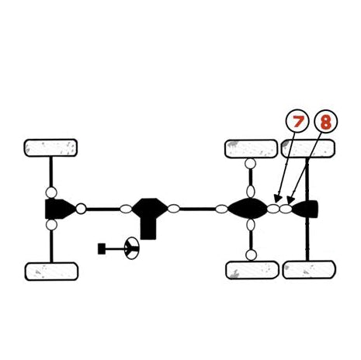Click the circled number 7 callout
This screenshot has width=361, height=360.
click(x=297, y=121)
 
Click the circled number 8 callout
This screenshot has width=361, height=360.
click(x=326, y=122)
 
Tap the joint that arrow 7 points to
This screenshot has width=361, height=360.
click(x=273, y=209)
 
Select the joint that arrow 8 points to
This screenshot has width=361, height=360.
click(x=286, y=209)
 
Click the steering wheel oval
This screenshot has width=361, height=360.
click(x=131, y=248)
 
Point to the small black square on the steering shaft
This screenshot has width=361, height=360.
click(x=102, y=249)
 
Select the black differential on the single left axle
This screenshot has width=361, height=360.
click(x=60, y=209)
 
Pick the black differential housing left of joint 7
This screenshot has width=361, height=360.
click(x=247, y=209)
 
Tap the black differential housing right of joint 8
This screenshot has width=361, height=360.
click(x=306, y=209)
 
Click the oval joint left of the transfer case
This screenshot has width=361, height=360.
click(x=126, y=209)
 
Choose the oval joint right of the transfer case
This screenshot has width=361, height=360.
click(x=174, y=209)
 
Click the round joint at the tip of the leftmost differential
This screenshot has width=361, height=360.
click(x=81, y=209)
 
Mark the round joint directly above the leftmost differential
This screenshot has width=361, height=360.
click(x=51, y=192)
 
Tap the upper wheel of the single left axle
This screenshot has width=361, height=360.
click(x=50, y=148)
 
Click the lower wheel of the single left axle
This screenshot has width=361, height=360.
click(x=51, y=272)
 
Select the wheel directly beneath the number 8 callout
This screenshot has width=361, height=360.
click(x=308, y=148)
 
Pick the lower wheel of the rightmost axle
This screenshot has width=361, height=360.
click(x=309, y=270)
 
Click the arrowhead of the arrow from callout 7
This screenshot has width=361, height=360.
click(x=277, y=199)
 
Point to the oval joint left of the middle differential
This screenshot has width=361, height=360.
click(x=221, y=209)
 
